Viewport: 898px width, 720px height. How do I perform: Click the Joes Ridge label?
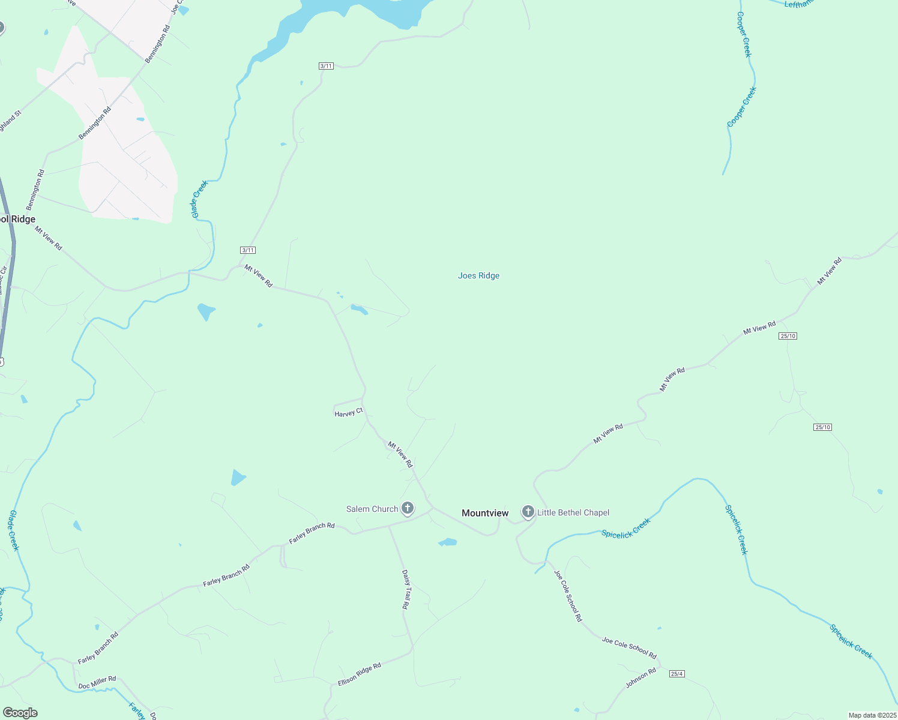[x=478, y=276]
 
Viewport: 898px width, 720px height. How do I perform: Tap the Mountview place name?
[x=485, y=513]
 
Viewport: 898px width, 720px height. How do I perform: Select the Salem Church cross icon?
[x=408, y=509]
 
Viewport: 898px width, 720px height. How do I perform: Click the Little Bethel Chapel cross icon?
[x=528, y=512]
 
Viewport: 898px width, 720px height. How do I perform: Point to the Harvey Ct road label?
[x=348, y=413]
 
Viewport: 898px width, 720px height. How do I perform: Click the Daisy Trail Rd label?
[x=406, y=589]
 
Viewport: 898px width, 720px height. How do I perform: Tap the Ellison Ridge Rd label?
[x=359, y=674]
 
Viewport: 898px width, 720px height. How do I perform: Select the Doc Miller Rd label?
[x=97, y=682]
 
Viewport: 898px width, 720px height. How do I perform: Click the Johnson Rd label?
[x=640, y=678]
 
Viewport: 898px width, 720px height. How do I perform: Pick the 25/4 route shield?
[x=677, y=674]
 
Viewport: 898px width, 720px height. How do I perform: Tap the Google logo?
[x=20, y=713]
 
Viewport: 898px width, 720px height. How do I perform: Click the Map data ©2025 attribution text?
[x=871, y=715]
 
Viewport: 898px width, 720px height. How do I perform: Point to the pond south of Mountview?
[x=448, y=542]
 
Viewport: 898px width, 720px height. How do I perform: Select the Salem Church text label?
[x=372, y=509]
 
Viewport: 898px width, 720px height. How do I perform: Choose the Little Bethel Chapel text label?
[x=573, y=512]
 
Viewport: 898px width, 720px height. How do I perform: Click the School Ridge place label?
[x=17, y=220]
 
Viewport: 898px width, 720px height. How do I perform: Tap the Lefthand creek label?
[x=798, y=4]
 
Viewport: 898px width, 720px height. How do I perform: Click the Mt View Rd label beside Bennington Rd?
[x=48, y=238]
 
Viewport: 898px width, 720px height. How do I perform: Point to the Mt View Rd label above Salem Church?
[x=400, y=454]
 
